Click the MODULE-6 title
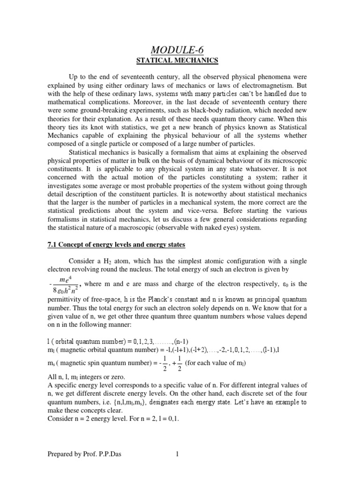tap(180, 49)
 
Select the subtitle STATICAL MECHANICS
tap(180, 60)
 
